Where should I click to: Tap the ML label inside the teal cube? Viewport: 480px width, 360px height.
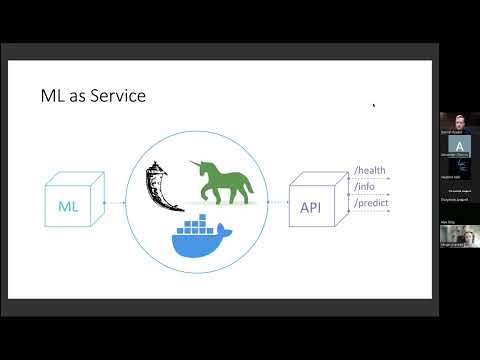tap(68, 206)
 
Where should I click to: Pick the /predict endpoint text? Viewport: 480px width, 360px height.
tap(370, 203)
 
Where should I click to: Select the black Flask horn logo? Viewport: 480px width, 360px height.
tap(164, 184)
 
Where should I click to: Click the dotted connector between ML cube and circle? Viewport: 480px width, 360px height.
tap(114, 202)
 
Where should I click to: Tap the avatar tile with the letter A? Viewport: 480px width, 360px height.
tap(458, 146)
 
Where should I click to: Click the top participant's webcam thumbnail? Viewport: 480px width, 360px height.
tap(458, 121)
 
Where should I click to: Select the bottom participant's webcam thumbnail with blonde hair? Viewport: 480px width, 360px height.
tap(458, 236)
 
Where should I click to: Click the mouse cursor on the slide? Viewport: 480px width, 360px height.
tap(373, 104)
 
